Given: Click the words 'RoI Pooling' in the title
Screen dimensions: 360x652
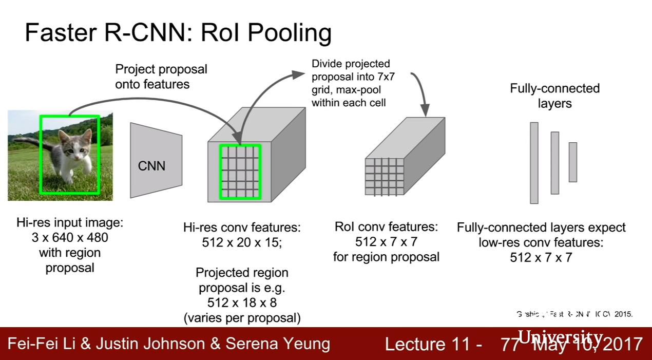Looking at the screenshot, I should [266, 33].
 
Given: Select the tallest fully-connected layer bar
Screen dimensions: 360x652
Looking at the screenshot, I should [534, 163].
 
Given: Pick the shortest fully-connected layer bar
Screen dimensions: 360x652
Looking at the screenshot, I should [572, 162].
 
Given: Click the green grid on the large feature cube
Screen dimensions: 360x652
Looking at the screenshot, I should [240, 172].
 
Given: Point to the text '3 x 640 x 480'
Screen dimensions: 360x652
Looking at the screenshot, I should [70, 238].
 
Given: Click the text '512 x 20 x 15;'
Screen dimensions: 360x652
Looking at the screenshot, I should [242, 242].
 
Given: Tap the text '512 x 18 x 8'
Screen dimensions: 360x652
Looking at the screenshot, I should [242, 302].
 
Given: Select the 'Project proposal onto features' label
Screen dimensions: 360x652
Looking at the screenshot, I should [161, 77].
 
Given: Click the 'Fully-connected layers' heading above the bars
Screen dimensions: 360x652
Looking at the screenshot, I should [554, 96].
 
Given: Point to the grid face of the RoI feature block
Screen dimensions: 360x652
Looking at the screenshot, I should [384, 176].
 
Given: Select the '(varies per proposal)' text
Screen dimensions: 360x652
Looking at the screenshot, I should [242, 318].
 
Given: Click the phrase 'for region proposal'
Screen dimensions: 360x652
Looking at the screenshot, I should [386, 256].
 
